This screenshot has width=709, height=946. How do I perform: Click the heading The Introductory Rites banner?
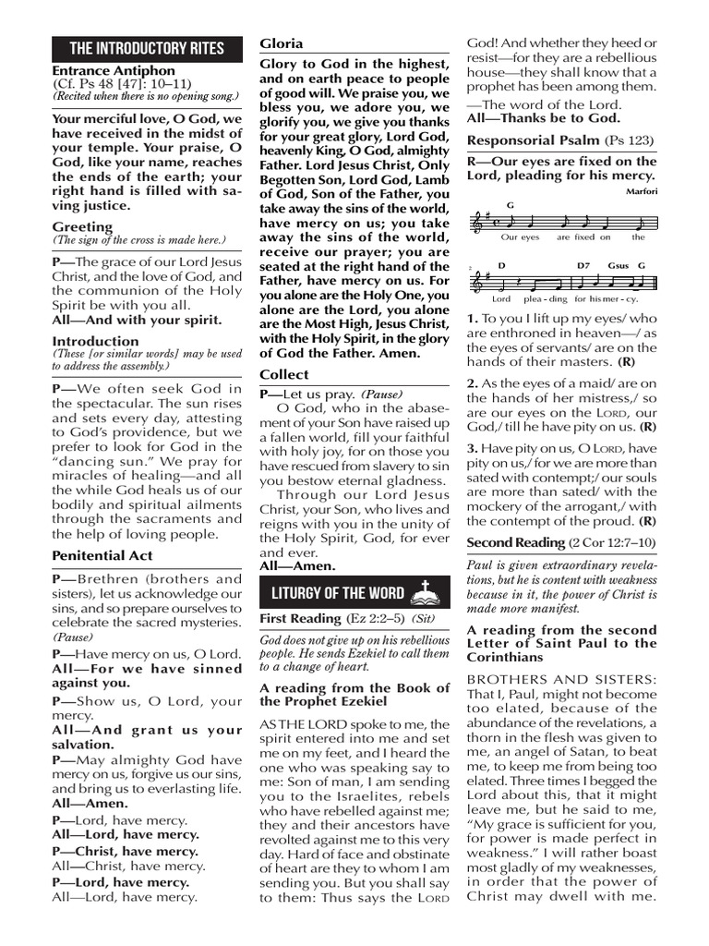tap(147, 48)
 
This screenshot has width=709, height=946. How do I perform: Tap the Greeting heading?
tap(82, 226)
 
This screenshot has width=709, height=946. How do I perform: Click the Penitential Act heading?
tap(102, 555)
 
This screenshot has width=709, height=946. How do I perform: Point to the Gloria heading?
tap(281, 43)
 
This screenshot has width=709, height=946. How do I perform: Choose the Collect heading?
tap(283, 374)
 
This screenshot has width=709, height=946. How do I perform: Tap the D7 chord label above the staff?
tap(583, 265)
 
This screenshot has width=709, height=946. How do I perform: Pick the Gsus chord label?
tap(618, 265)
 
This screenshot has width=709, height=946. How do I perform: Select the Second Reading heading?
tap(515, 542)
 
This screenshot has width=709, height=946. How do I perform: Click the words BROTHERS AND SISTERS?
tap(561, 679)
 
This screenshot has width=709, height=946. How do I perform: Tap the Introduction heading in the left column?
tap(95, 341)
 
